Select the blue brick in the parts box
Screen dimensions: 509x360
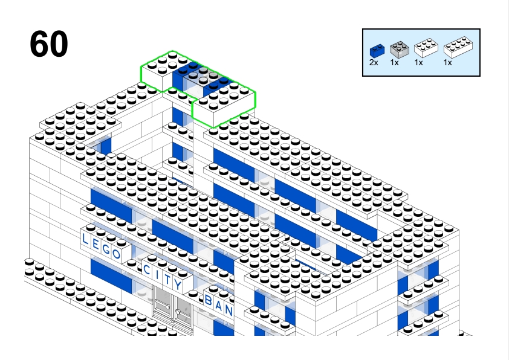pos(377,51)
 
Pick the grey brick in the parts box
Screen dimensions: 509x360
pos(399,50)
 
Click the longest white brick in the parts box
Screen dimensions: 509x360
pos(458,47)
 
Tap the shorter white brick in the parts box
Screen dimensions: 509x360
pos(426,48)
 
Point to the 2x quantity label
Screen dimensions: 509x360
pos(374,63)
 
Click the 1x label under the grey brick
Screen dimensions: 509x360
pos(394,63)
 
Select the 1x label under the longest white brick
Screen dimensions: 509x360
pos(448,63)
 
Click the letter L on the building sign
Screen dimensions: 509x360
pos(85,239)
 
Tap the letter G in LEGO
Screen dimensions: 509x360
pos(106,249)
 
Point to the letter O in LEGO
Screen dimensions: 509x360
pos(117,253)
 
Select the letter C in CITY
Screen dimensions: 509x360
pos(147,270)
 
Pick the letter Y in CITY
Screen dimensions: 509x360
pos(178,284)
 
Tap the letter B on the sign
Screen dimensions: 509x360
pos(209,301)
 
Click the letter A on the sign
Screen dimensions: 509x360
pos(219,306)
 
